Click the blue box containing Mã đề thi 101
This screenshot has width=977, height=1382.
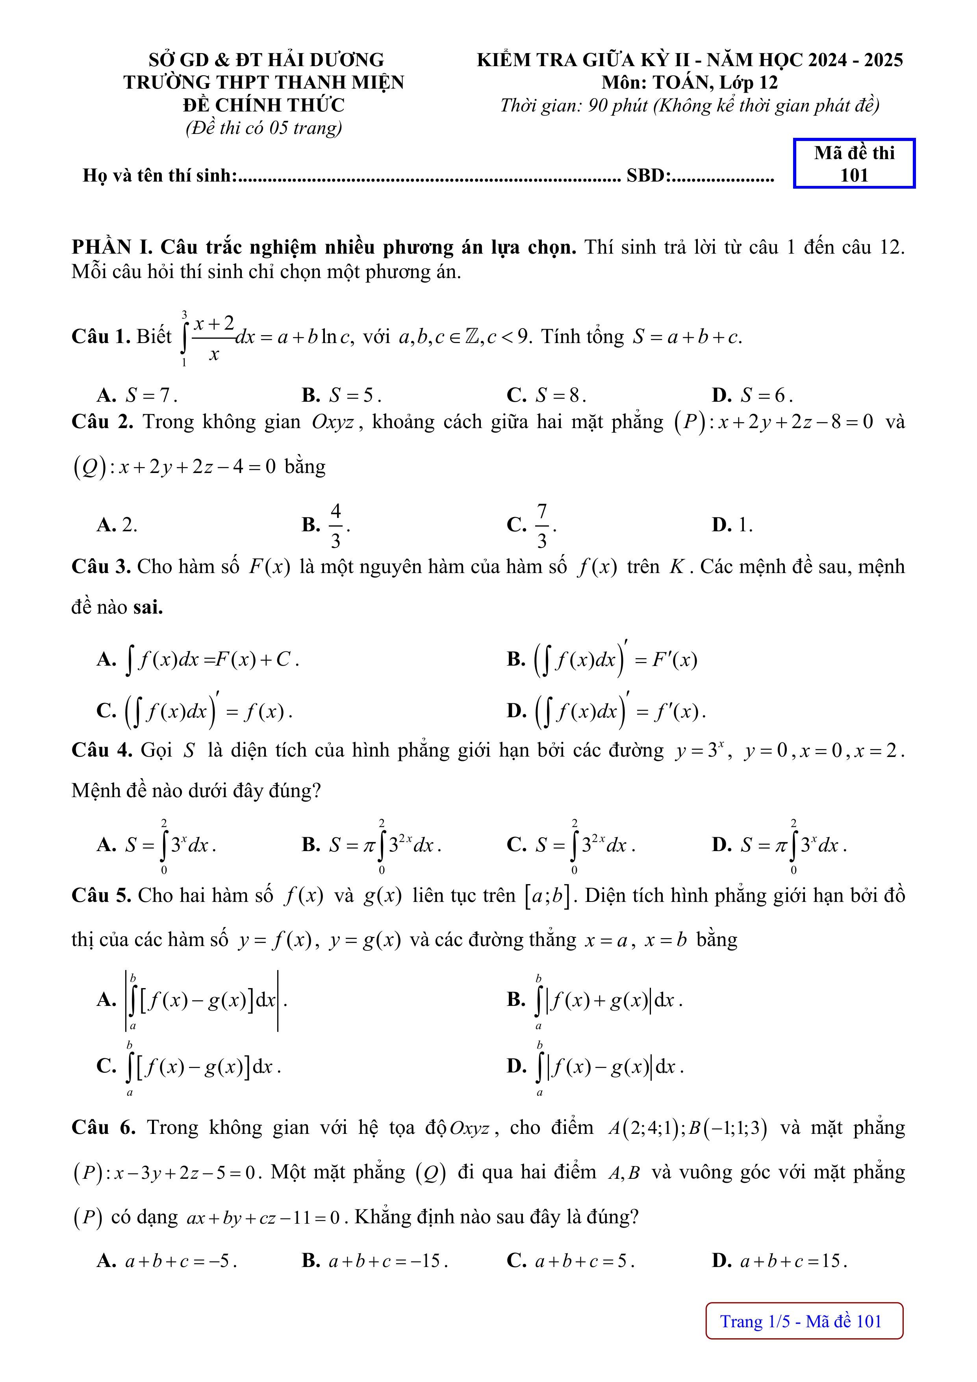tap(854, 164)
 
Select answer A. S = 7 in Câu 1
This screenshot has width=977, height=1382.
tap(137, 395)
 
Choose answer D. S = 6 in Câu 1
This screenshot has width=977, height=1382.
tap(753, 395)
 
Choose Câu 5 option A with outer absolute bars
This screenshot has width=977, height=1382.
tap(192, 1000)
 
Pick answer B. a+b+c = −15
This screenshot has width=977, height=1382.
tap(375, 1260)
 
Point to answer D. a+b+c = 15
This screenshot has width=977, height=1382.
tap(780, 1260)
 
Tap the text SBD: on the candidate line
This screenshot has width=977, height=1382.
tap(649, 175)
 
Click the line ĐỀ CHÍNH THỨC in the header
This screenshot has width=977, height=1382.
tap(264, 105)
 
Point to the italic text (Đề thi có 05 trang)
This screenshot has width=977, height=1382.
tap(264, 128)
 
